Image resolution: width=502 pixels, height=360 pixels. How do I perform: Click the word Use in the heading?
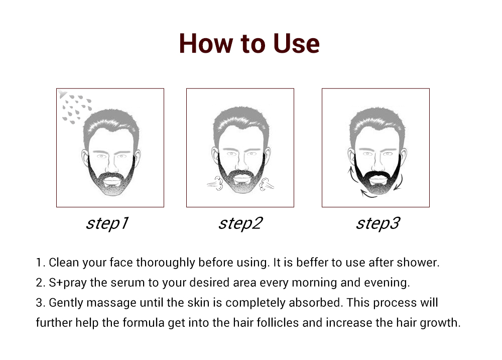point(296,43)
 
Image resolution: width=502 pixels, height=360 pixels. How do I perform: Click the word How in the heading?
point(206,43)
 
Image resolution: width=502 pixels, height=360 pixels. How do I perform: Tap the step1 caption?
point(107,223)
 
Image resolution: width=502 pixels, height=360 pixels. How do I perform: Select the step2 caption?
point(240,223)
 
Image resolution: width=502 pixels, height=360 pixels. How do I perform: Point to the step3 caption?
point(378,223)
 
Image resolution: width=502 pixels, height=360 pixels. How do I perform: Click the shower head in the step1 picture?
point(62,93)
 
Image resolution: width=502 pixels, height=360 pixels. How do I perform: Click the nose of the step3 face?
point(378,163)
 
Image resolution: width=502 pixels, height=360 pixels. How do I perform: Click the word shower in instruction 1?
point(418,262)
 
